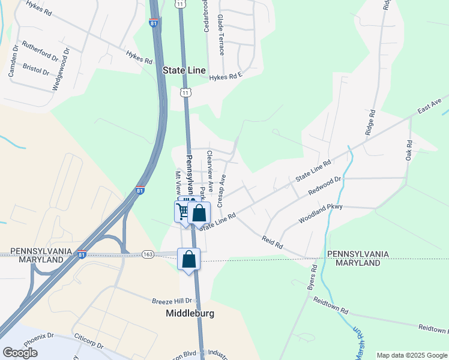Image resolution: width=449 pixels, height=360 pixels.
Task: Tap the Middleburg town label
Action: [190, 313]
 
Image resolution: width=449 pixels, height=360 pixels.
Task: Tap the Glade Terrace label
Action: [220, 35]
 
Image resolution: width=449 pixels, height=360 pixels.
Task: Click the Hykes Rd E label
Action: [225, 76]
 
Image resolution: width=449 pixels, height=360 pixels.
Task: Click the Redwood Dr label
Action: [325, 185]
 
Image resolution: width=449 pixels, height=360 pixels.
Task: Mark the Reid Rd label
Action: [272, 242]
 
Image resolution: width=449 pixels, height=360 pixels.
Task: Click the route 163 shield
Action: [148, 254]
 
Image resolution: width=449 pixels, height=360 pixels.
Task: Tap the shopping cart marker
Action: [182, 210]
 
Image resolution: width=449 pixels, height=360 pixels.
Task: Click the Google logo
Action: [20, 353]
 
